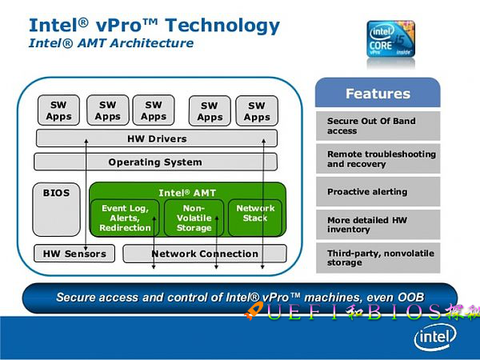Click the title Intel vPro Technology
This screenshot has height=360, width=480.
coord(154,24)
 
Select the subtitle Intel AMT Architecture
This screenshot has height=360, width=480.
coord(111,43)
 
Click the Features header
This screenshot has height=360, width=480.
coord(378,94)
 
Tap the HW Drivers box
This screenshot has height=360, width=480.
coord(157,138)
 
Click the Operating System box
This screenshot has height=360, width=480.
coord(155,162)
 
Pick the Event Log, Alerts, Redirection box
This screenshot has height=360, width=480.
coord(126,218)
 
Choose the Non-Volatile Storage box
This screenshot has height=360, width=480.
coord(194,218)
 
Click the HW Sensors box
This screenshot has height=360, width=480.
coord(74,254)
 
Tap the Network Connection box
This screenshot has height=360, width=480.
coord(205,254)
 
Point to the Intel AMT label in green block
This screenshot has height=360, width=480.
coord(187,193)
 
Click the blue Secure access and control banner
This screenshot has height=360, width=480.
coord(240,298)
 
